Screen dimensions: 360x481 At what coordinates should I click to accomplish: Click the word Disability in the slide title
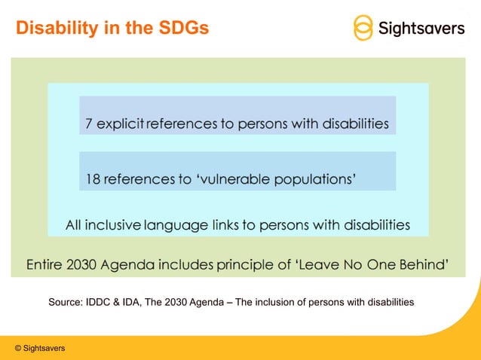[x=54, y=29]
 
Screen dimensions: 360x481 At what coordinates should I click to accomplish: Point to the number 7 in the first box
[x=89, y=124]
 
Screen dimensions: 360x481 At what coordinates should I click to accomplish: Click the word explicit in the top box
[x=120, y=124]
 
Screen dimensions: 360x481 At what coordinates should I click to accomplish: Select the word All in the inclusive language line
[x=74, y=224]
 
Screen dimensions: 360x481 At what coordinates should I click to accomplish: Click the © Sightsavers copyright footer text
[x=39, y=348]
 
